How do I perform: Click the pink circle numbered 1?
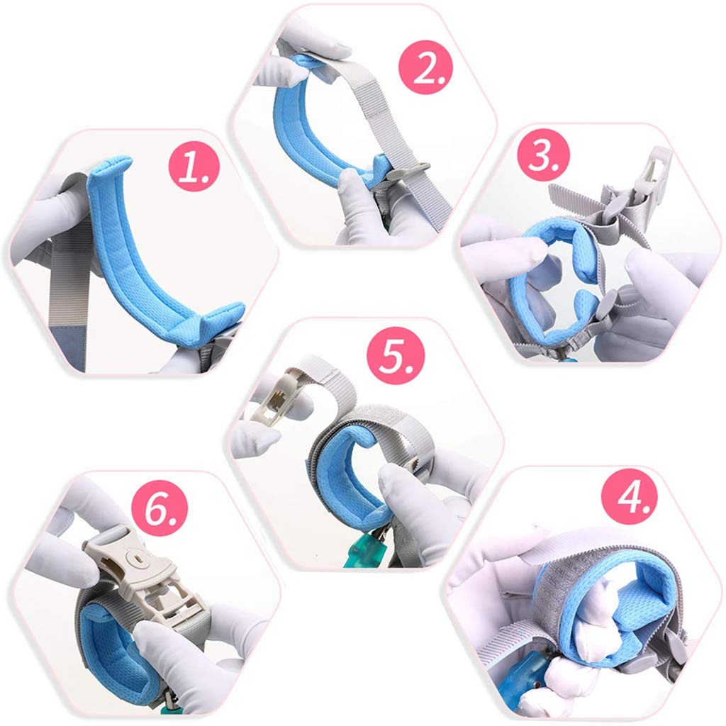point(194,166)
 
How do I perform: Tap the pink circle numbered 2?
point(425,67)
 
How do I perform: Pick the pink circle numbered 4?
point(630,497)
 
